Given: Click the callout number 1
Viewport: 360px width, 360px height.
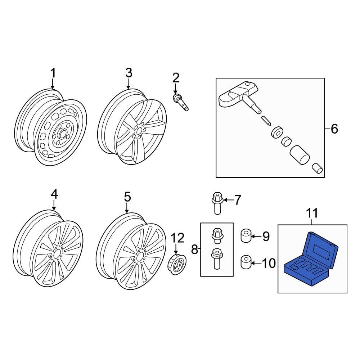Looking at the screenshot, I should point(53,73).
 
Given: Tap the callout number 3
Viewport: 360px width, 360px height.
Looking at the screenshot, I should point(129,73).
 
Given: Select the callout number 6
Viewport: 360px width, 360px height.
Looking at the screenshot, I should point(334,129).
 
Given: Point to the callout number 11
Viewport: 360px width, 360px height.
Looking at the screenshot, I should point(312,213).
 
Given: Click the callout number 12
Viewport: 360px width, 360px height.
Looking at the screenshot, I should point(177,238).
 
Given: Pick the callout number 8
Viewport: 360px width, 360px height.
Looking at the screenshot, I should point(195,249).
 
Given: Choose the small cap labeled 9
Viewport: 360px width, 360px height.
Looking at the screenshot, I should point(246,236).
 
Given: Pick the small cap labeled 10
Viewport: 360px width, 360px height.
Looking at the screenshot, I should point(246,262).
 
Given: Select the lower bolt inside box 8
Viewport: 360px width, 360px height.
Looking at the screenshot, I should point(216,258).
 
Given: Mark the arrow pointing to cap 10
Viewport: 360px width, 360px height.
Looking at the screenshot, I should point(256,264).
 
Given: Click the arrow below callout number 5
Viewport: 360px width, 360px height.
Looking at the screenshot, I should point(127,208).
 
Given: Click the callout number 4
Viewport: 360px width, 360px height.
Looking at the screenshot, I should point(54,195).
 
